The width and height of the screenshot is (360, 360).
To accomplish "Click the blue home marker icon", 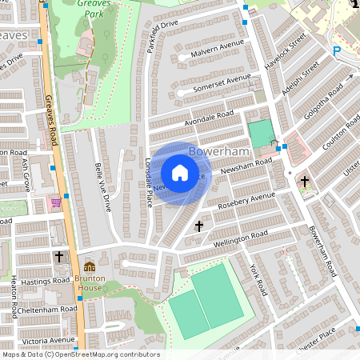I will pos(180,173).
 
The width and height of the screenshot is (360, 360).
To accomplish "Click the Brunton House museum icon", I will pos(90,266).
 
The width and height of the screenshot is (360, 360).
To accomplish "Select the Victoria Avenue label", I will pos(48,340).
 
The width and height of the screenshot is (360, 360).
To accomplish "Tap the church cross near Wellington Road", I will pos(199,226).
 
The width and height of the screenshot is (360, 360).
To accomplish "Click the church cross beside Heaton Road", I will pos(60,257).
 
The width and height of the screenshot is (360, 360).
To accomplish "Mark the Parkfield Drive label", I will pos(162,37).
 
